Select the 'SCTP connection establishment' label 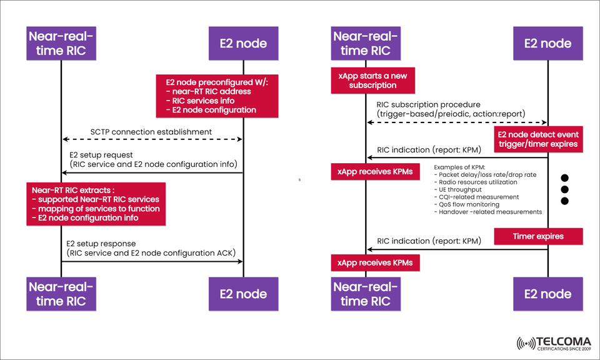(151, 132)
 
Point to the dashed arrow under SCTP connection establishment (152, 139)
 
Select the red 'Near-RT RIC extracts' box (96, 204)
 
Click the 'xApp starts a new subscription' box (372, 81)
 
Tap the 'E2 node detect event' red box (537, 139)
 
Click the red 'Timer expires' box (537, 236)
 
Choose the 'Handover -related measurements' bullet (487, 212)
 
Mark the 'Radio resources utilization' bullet (476, 182)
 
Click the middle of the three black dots (564, 188)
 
